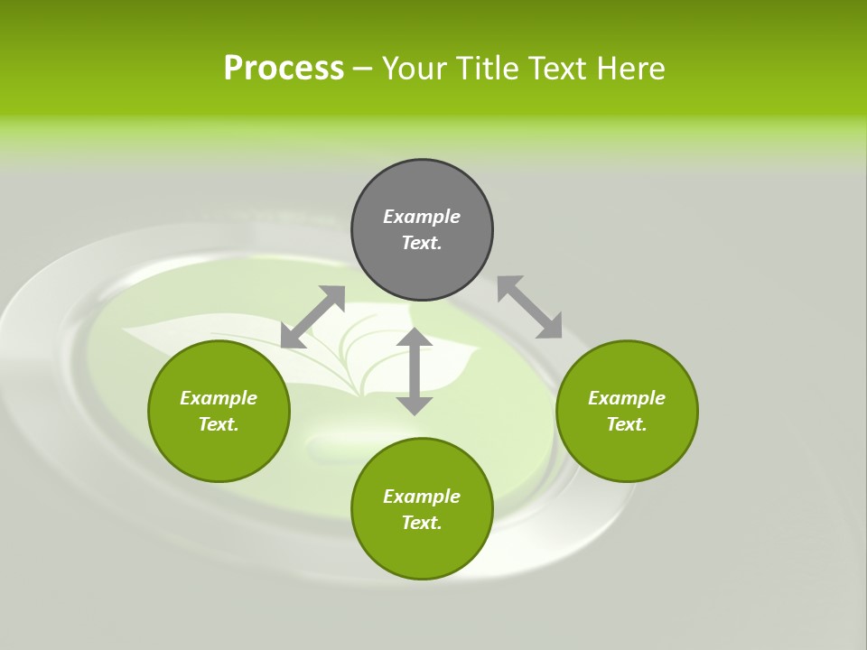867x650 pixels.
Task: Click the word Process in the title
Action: (x=284, y=69)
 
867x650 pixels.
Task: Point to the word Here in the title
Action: (x=631, y=69)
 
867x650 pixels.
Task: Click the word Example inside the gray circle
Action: (x=422, y=217)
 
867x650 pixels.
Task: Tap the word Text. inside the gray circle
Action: (x=422, y=243)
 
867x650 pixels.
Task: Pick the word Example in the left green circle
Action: (x=219, y=398)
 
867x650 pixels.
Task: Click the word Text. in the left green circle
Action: (x=219, y=424)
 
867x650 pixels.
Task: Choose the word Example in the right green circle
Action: (x=627, y=398)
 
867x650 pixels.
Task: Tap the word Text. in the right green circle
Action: (x=627, y=424)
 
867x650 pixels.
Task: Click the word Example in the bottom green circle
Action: (x=422, y=497)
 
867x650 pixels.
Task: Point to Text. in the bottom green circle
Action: (x=422, y=523)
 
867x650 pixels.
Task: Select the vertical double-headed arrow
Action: (x=415, y=371)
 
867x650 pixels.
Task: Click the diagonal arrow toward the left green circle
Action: (x=313, y=317)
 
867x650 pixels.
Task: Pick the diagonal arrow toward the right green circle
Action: (x=529, y=307)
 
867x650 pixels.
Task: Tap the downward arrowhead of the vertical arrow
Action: (x=415, y=405)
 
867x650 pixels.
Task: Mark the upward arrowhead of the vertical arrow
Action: (x=415, y=339)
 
